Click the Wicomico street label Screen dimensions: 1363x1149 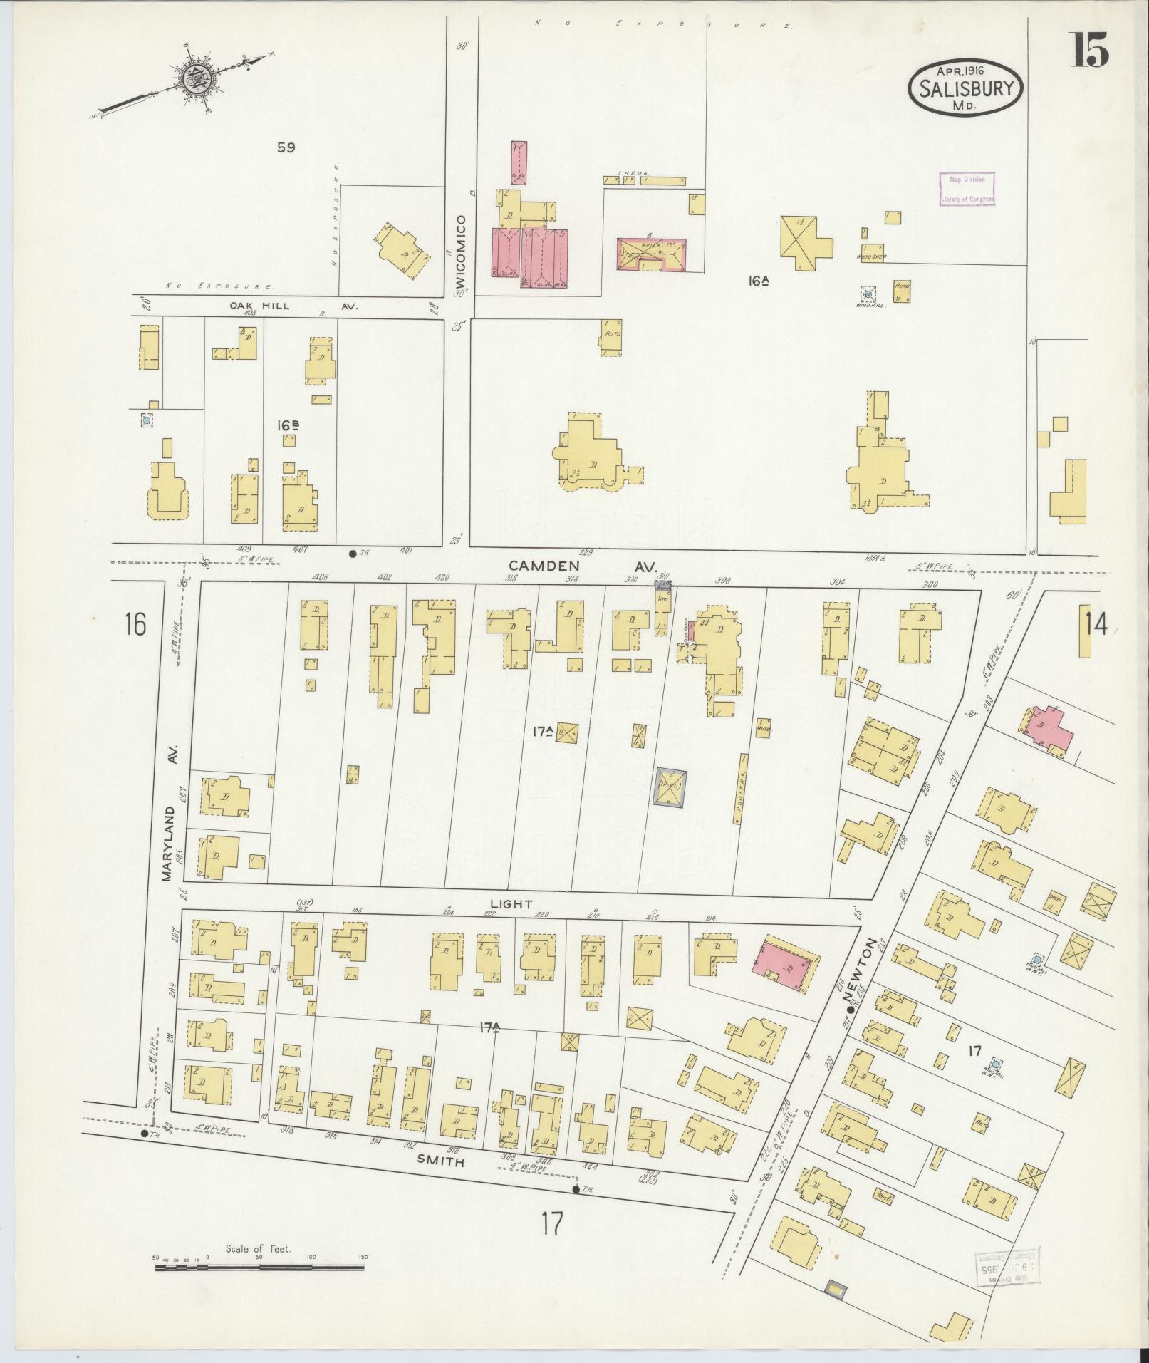(x=461, y=251)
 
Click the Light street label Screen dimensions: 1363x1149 (x=511, y=903)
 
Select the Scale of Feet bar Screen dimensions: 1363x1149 (x=260, y=1267)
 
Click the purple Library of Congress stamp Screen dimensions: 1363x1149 (x=967, y=190)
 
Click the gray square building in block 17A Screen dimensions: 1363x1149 (x=671, y=787)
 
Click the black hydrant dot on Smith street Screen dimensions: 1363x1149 (x=576, y=1188)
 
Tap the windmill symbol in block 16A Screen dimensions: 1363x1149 (x=868, y=293)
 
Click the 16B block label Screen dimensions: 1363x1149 (x=288, y=425)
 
